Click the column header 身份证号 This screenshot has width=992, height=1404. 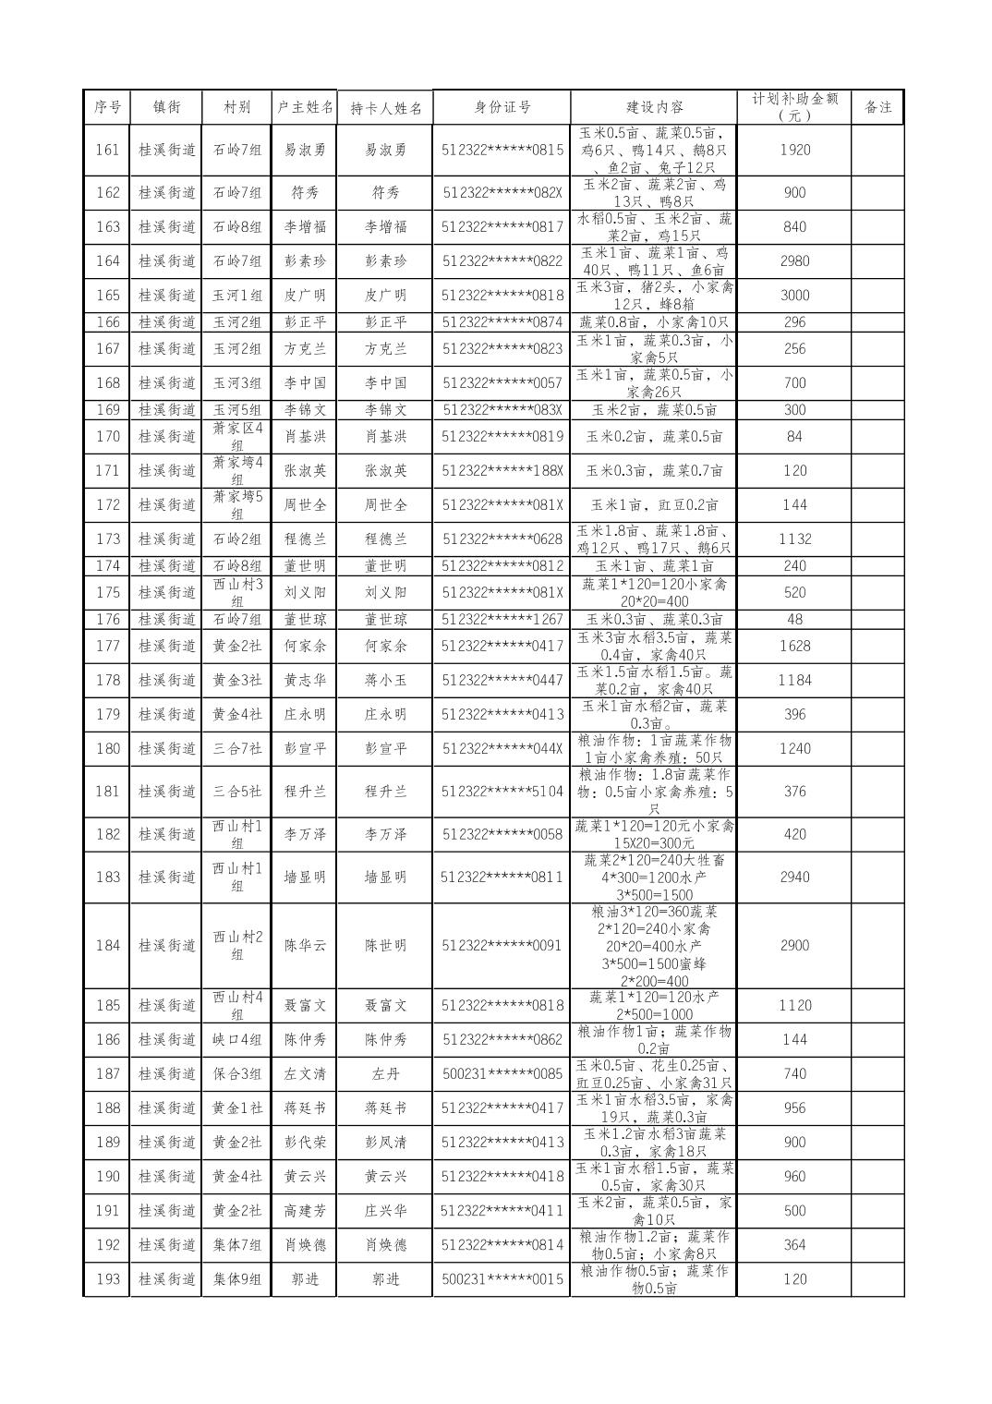[502, 107]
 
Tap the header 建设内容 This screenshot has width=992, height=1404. [653, 107]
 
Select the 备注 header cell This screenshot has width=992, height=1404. [877, 107]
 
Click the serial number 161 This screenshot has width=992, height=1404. [107, 150]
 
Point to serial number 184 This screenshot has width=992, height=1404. [107, 946]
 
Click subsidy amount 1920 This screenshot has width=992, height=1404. [794, 150]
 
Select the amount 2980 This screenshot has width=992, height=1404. [794, 261]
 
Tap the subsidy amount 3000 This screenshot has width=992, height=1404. [794, 296]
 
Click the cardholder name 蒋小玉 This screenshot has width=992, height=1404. [385, 681]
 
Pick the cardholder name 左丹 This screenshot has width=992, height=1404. [385, 1074]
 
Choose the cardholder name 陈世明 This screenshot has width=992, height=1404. [385, 946]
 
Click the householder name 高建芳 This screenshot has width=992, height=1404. [304, 1211]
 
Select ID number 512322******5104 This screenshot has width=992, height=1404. [502, 792]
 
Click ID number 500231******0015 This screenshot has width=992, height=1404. [502, 1279]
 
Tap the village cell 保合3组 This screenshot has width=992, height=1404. [237, 1074]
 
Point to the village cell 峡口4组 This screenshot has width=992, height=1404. [237, 1040]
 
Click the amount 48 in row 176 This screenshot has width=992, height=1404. [794, 620]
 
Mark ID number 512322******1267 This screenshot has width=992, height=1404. [502, 620]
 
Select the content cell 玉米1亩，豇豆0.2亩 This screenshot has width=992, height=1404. [653, 505]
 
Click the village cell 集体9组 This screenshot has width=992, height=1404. [237, 1279]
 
